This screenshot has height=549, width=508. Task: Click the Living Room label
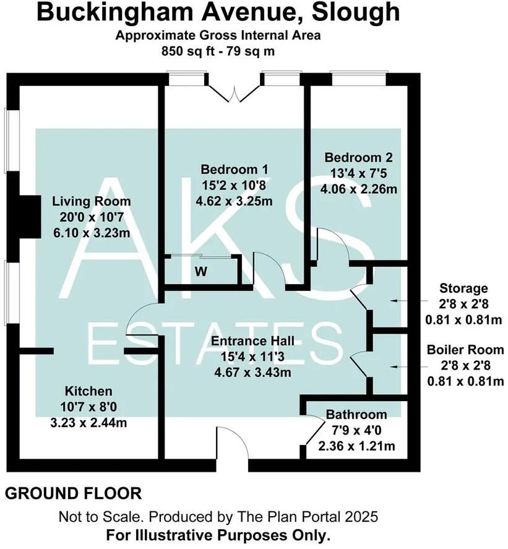pos(92,202)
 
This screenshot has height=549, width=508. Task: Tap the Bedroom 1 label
pos(235,170)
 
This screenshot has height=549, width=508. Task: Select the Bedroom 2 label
pos(358,157)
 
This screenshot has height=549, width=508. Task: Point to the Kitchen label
pos(88,391)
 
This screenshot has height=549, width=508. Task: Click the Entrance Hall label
pos(252,340)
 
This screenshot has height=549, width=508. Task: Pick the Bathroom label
pos(356,415)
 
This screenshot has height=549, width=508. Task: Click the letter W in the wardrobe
pos(201,272)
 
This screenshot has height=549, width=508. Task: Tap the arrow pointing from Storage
pos(409,301)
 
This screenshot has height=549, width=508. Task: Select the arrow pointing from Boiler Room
pos(409,366)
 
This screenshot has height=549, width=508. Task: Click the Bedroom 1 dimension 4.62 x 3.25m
pos(235,201)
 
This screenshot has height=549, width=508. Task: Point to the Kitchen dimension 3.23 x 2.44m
pos(88,423)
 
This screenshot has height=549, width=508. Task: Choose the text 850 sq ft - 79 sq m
pos(218,51)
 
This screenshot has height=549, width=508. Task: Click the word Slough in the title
pos(355,12)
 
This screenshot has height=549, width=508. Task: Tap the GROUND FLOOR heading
pos(74,494)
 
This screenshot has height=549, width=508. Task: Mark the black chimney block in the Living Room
pos(30,217)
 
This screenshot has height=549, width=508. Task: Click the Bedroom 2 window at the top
pos(359,78)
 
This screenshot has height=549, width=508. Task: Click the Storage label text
pos(463,288)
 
